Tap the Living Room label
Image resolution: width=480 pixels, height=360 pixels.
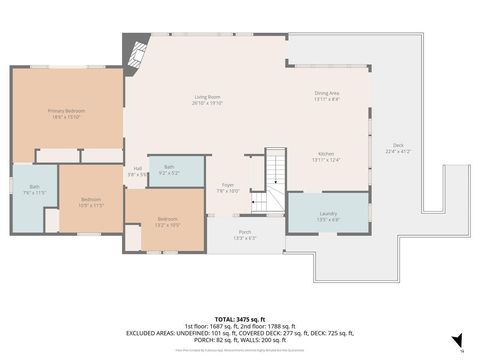click(x=207, y=99)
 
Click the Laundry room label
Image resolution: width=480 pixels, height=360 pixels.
click(x=327, y=215)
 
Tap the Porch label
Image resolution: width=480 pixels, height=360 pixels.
click(x=245, y=235)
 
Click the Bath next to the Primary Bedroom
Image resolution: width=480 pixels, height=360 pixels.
click(x=34, y=189)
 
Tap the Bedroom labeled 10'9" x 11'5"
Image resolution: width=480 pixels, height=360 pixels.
click(x=91, y=201)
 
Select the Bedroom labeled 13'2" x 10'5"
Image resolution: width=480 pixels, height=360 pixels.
click(x=167, y=221)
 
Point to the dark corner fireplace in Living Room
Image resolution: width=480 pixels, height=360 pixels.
click(x=135, y=47)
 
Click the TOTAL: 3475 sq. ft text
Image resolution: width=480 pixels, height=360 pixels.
click(x=241, y=317)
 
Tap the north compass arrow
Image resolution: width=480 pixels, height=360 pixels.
click(x=457, y=340)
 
